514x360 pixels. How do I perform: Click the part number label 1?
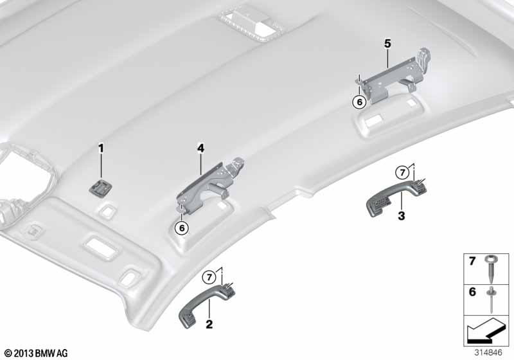(101, 148)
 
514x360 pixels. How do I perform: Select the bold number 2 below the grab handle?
(209, 324)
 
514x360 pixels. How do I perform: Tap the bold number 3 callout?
(401, 216)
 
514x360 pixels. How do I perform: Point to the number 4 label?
(200, 148)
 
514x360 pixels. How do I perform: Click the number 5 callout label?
(388, 43)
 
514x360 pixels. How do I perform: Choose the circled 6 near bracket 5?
(360, 102)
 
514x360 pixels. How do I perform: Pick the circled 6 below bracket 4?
(182, 228)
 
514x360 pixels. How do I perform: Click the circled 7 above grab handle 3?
(402, 172)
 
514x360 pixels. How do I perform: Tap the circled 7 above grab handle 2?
(209, 278)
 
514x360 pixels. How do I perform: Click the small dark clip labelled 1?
(100, 188)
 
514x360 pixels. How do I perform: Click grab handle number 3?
(396, 197)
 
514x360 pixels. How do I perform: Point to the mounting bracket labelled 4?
(210, 187)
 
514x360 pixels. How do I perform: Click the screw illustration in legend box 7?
(490, 269)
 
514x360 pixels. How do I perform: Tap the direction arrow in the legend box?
(486, 330)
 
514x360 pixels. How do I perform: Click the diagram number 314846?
(488, 353)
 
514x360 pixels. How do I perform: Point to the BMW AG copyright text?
(37, 353)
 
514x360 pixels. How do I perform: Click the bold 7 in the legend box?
(472, 262)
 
